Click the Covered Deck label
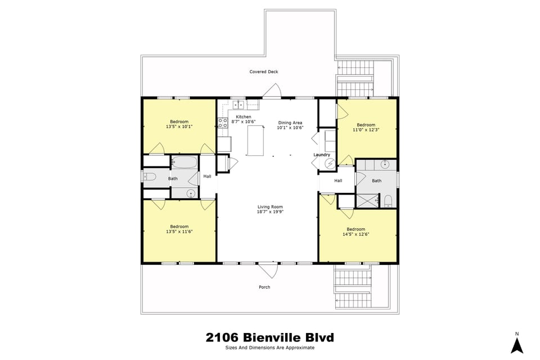tap(264, 72)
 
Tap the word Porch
tap(264, 287)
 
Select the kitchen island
tap(255, 141)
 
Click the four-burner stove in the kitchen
tap(222, 124)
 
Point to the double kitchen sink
tap(238, 104)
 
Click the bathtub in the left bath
tap(184, 163)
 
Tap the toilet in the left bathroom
tap(148, 177)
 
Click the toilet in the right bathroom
tap(388, 201)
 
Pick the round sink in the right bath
tap(385, 164)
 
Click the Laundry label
tap(322, 155)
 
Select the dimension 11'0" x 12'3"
tap(366, 130)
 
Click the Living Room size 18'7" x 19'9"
tap(270, 212)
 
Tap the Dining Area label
tap(290, 123)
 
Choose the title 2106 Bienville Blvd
tap(270, 337)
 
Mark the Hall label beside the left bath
tap(207, 177)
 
